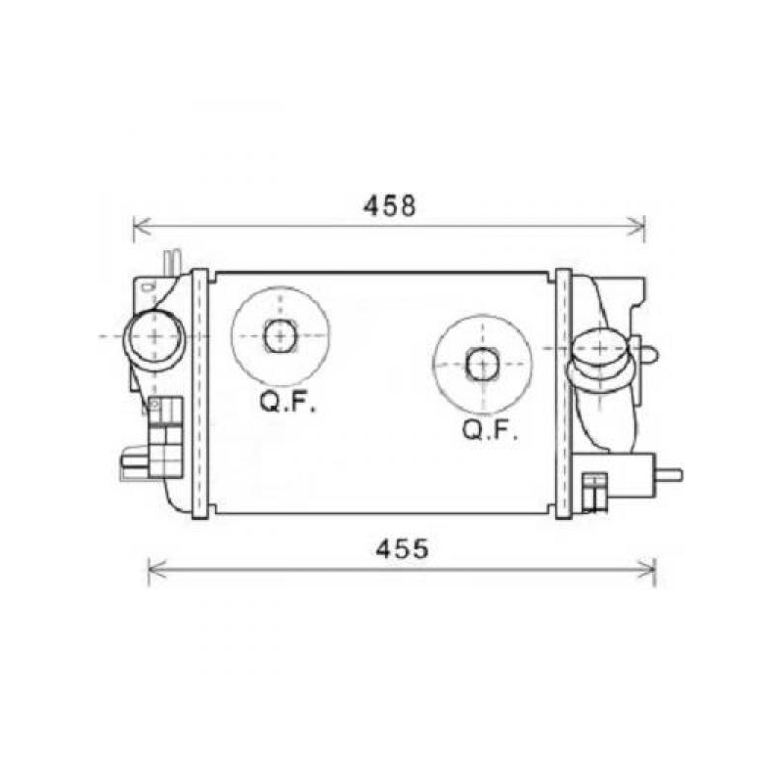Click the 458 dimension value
point(390,205)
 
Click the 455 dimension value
point(402,549)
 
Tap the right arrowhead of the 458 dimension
point(639,228)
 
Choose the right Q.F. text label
point(490,430)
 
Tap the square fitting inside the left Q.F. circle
point(280,335)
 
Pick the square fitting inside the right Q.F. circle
point(482,364)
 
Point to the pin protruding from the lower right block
point(670,475)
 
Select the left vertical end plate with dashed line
point(199,392)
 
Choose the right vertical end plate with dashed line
point(564,392)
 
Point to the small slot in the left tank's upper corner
point(147,286)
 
